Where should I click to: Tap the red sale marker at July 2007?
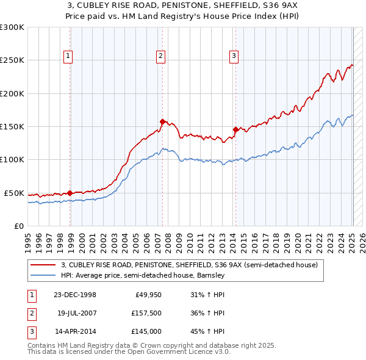point(162,121)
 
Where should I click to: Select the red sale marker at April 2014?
point(235,129)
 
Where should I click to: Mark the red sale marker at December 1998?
point(70,193)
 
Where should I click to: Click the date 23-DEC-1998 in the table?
point(75,295)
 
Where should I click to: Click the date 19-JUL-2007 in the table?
point(75,313)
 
